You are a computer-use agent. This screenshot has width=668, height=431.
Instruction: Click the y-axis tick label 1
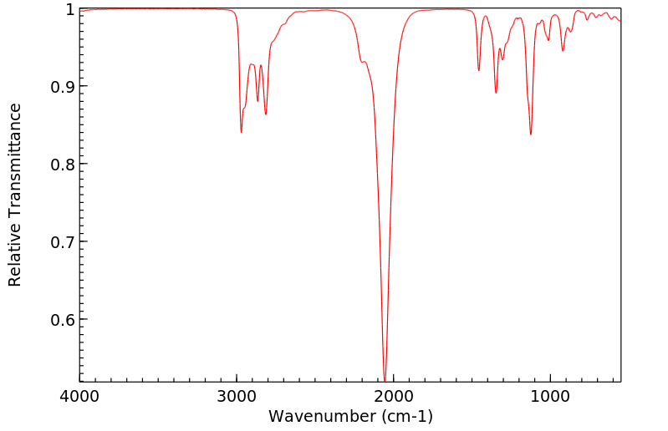[x=69, y=9]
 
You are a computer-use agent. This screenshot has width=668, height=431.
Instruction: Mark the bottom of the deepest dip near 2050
[x=385, y=380]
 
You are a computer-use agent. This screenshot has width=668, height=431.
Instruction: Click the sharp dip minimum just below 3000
[x=241, y=132]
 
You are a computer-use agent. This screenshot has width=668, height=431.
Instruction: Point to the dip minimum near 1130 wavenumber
[x=530, y=134]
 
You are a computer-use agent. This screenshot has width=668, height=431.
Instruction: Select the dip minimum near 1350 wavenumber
[x=496, y=93]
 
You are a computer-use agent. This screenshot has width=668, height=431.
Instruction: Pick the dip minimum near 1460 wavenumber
[x=479, y=70]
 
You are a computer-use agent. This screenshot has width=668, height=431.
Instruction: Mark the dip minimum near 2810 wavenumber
[x=266, y=114]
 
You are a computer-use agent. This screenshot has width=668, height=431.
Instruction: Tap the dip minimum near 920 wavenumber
[x=563, y=51]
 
